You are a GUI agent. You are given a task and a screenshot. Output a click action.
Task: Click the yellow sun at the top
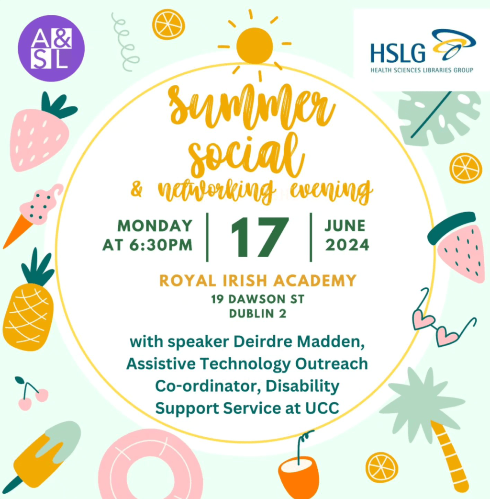255,45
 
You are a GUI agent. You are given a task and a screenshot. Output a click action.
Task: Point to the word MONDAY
155,226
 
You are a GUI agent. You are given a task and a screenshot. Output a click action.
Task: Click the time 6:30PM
161,245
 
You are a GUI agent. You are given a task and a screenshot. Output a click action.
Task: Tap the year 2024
347,245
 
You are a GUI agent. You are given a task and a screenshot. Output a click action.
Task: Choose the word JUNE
345,226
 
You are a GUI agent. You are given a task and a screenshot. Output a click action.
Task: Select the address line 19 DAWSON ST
257,299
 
